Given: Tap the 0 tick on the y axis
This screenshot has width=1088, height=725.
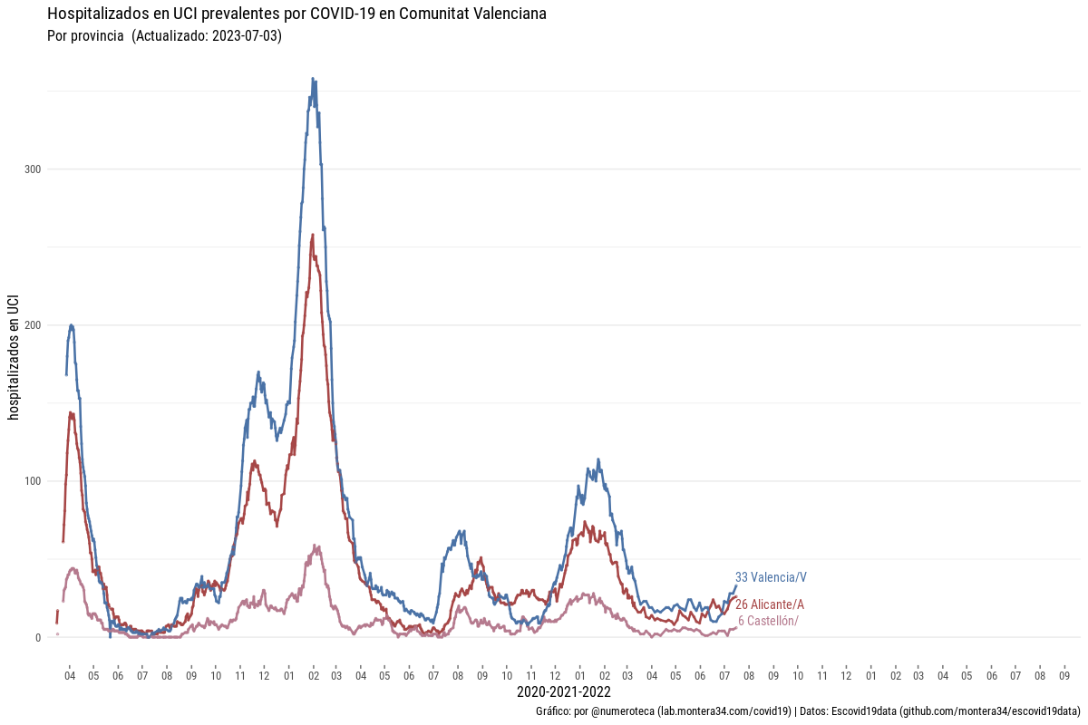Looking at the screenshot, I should pyautogui.click(x=38, y=637).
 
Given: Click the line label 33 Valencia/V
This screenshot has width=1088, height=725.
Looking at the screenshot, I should pyautogui.click(x=771, y=577).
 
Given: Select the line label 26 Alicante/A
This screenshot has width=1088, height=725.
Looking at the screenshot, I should pyautogui.click(x=770, y=604).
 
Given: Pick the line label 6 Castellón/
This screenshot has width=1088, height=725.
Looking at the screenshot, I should pyautogui.click(x=768, y=621).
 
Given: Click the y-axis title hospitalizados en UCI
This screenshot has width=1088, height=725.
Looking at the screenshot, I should pyautogui.click(x=13, y=357).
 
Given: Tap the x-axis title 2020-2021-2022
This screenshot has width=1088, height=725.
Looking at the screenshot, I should pyautogui.click(x=563, y=692).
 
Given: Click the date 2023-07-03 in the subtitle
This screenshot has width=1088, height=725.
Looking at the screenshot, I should pyautogui.click(x=247, y=36).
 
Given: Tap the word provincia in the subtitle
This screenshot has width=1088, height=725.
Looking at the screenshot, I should pyautogui.click(x=97, y=36).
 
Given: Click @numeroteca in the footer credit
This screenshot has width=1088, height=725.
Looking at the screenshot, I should pyautogui.click(x=624, y=711).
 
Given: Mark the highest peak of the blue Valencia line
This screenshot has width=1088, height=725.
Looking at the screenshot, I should pyautogui.click(x=313, y=79).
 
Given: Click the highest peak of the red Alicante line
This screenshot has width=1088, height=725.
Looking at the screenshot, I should pyautogui.click(x=313, y=235).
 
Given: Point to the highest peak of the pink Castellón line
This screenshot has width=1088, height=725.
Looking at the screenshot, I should pyautogui.click(x=316, y=546).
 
